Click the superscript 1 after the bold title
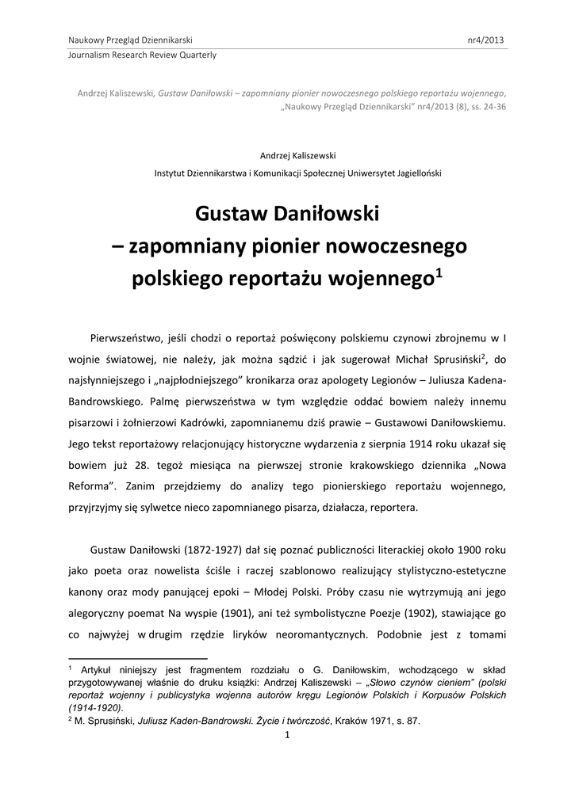click(439, 273)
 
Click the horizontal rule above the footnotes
click(138, 658)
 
